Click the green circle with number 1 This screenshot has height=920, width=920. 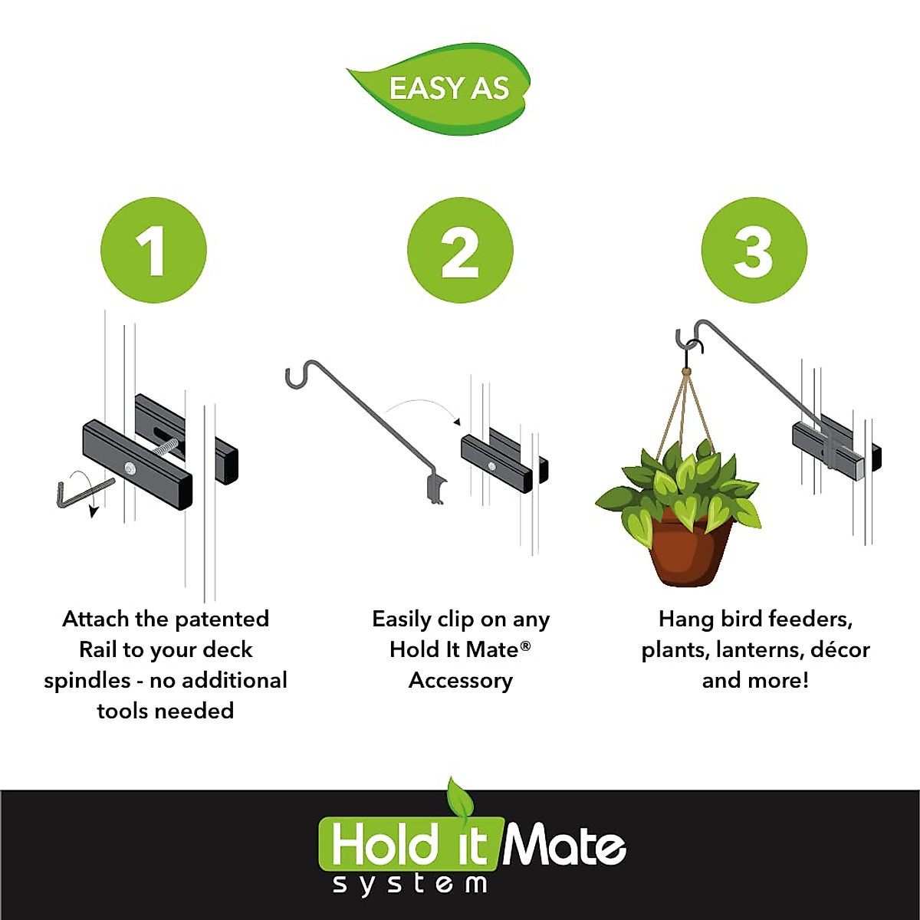(x=153, y=250)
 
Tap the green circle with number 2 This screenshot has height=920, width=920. (x=460, y=250)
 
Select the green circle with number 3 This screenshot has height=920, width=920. (x=754, y=250)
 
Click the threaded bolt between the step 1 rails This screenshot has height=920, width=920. (x=166, y=449)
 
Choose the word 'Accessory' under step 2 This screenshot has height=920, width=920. (x=460, y=681)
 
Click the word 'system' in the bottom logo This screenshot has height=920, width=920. (x=410, y=884)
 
